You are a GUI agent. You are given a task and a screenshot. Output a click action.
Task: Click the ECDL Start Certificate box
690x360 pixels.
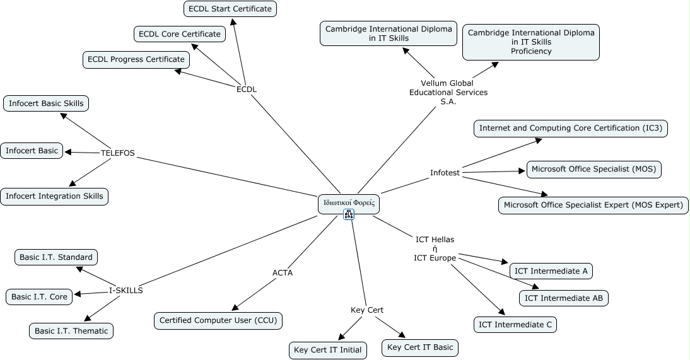pos(230,9)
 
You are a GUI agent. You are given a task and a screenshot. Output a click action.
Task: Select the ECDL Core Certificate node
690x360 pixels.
pos(180,34)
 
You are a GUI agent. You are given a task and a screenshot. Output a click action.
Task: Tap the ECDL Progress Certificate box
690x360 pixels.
pos(136,59)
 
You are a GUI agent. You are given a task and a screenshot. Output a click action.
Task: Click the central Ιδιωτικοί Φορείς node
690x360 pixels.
pos(349,203)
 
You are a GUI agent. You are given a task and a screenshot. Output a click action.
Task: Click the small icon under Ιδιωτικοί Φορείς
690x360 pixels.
pos(349,214)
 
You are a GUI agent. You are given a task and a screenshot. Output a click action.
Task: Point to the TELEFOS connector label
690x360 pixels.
pos(118,153)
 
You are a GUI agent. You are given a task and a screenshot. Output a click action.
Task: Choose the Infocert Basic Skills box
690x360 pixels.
pos(46,103)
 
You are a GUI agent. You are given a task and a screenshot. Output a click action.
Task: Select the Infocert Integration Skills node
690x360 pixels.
pos(54,196)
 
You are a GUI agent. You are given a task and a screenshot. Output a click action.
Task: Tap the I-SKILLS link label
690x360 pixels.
pos(126,291)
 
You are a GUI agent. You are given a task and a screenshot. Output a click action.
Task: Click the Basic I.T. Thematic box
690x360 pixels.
pos(71,331)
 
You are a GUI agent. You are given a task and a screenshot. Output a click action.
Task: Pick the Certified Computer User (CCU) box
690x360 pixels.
pos(218,320)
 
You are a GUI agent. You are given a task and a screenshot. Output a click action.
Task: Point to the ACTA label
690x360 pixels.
pos(283,273)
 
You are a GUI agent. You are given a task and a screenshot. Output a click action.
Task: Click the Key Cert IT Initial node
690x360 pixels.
pos(328,350)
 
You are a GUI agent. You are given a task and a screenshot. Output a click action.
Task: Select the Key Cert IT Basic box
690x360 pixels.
pos(420,347)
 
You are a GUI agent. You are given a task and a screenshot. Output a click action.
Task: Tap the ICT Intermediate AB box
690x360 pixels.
pos(564,298)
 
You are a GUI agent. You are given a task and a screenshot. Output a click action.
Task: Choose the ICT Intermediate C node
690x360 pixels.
pos(515,325)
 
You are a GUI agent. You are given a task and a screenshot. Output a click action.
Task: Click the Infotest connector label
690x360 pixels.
pos(445,173)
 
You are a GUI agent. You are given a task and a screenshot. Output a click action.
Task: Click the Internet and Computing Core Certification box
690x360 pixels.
pos(570,128)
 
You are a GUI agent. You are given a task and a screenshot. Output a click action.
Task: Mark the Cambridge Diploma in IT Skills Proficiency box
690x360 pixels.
pos(531,42)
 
